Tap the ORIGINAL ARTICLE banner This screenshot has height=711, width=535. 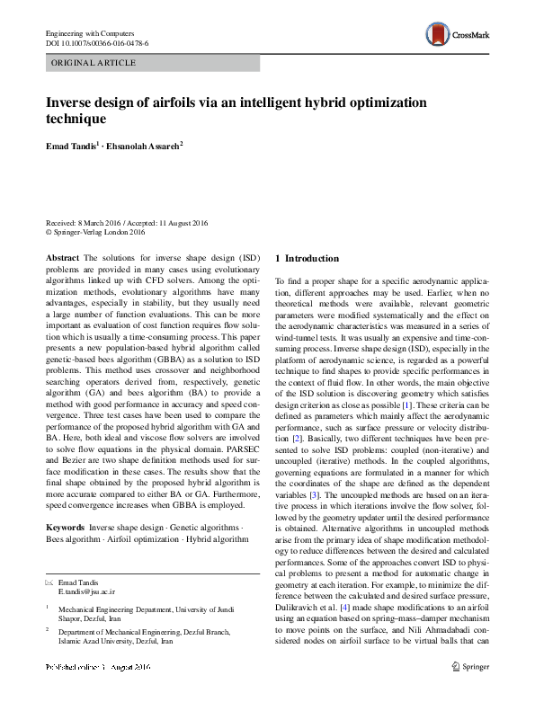(x=94, y=63)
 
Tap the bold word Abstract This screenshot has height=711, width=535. (x=63, y=258)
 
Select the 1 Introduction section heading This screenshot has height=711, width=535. (x=307, y=259)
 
